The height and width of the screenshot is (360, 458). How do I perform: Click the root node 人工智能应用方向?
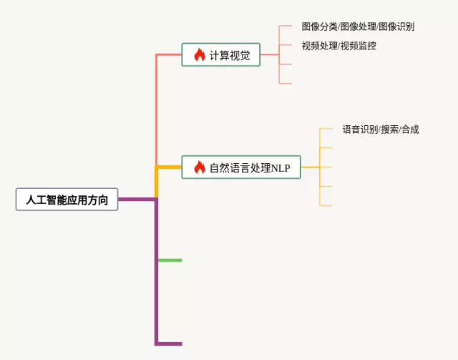67,200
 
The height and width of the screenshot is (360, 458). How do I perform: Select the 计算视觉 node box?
220,55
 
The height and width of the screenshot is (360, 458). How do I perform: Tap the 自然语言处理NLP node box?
240,167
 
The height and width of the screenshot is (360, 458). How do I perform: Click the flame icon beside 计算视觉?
200,54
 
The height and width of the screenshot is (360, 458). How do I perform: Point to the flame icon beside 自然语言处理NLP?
200,167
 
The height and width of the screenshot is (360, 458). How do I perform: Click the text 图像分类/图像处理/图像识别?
358,26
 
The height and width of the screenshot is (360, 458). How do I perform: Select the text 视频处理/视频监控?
338,46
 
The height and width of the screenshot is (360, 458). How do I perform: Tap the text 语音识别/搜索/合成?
380,130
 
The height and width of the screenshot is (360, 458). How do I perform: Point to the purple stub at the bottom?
170,344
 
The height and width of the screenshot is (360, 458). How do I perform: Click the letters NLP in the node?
281,168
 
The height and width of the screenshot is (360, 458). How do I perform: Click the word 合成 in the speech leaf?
410,130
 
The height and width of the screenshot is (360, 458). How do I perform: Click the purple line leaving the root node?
136,200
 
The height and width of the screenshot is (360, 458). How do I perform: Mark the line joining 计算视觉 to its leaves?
269,55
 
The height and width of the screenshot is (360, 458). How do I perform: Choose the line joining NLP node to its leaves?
309,167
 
